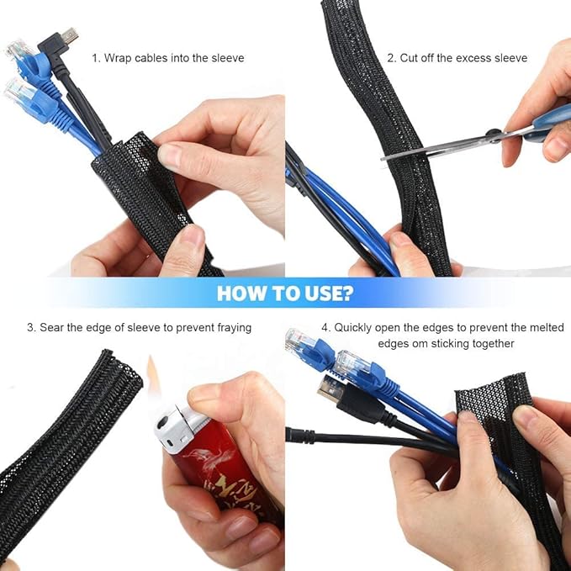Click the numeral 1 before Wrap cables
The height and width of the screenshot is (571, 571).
[95, 58]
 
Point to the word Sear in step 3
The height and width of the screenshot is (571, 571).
[52, 327]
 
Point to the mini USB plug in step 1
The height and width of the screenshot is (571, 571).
[66, 37]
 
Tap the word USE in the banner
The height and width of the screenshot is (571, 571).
[320, 293]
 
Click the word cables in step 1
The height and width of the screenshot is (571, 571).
[151, 58]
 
